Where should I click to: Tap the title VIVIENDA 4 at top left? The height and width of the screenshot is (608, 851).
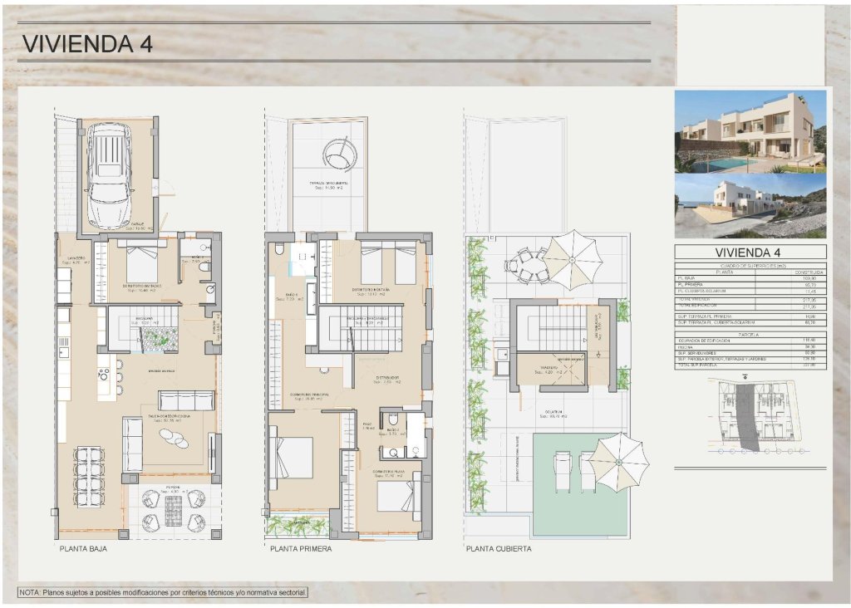pos(86,44)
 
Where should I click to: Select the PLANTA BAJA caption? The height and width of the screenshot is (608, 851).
pos(83,549)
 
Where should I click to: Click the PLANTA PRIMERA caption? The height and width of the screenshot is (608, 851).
pos(301,549)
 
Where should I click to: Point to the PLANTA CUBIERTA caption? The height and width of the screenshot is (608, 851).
pos(499,549)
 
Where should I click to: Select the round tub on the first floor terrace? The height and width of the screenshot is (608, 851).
pos(339,154)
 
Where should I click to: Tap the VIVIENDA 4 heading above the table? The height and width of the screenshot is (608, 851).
pos(750,253)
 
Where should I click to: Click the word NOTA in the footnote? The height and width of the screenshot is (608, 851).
pos(31,592)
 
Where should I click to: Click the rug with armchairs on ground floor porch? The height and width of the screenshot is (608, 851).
pos(173,509)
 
